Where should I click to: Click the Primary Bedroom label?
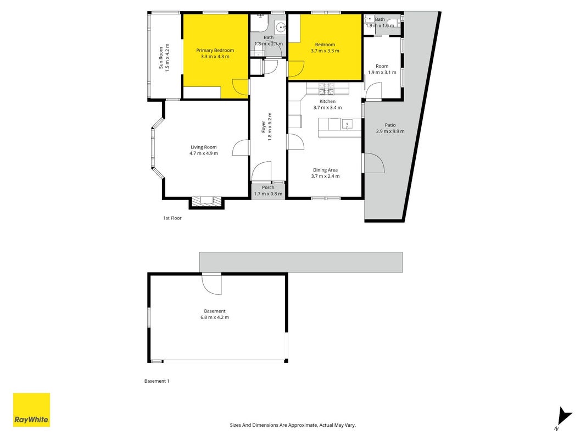pyautogui.click(x=215, y=50)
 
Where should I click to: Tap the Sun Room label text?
pyautogui.click(x=161, y=58)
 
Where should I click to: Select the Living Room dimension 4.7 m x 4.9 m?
pyautogui.click(x=204, y=153)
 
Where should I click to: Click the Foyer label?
pyautogui.click(x=264, y=127)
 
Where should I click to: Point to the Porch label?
pyautogui.click(x=268, y=188)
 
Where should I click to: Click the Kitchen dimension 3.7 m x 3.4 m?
pyautogui.click(x=327, y=107)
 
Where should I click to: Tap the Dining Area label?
pyautogui.click(x=325, y=170)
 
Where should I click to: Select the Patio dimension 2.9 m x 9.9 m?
pyautogui.click(x=390, y=131)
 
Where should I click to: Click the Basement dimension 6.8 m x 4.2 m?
pyautogui.click(x=215, y=317)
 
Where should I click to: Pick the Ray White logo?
pyautogui.click(x=31, y=410)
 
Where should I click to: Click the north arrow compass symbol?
pyautogui.click(x=563, y=418)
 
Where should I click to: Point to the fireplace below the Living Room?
pyautogui.click(x=207, y=201)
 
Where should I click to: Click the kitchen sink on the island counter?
pyautogui.click(x=347, y=124)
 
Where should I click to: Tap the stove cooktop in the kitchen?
pyautogui.click(x=326, y=89)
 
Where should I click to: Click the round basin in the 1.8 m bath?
pyautogui.click(x=280, y=27)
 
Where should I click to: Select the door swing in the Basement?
pyautogui.click(x=211, y=284)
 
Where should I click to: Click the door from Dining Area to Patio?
pyautogui.click(x=373, y=163)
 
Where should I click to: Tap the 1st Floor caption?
pyautogui.click(x=172, y=218)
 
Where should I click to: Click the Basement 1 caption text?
pyautogui.click(x=157, y=381)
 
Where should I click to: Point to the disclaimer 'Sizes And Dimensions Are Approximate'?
pyautogui.click(x=273, y=425)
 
